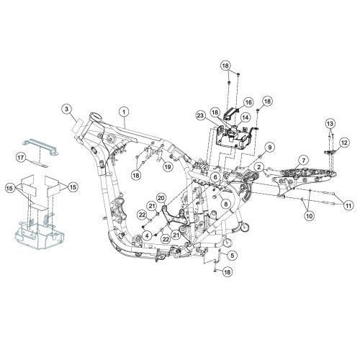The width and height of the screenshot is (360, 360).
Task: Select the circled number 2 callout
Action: pyautogui.click(x=258, y=167)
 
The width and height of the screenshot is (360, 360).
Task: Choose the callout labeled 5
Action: pyautogui.click(x=231, y=255)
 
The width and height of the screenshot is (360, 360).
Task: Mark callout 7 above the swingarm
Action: pyautogui.click(x=304, y=160)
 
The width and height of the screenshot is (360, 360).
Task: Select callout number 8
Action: pyautogui.click(x=227, y=204)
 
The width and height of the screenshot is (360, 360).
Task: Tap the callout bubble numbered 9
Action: pyautogui.click(x=269, y=148)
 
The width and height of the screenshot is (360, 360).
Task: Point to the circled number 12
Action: pyautogui.click(x=344, y=143)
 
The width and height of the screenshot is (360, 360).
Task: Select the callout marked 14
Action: pyautogui.click(x=245, y=117)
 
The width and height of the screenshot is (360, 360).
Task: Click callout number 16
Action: pyautogui.click(x=248, y=102)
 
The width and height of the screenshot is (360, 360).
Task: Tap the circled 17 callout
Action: pyautogui.click(x=22, y=156)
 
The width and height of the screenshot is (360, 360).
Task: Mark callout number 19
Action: pyautogui.click(x=166, y=167)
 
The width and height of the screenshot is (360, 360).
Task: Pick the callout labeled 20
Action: pyautogui.click(x=161, y=198)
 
